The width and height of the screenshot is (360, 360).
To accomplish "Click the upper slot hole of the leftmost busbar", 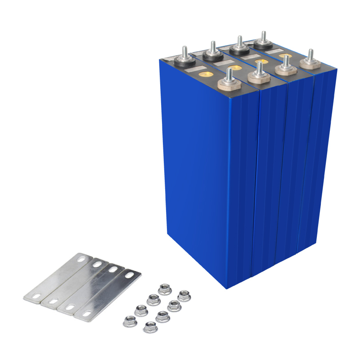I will [x=81, y=259].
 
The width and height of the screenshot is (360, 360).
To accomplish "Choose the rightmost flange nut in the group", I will [x=184, y=296].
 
